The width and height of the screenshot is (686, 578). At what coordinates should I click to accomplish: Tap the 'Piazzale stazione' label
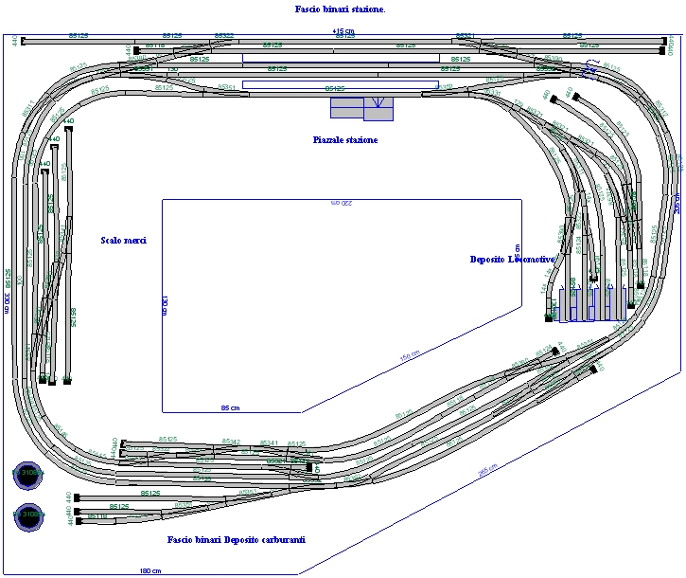345,140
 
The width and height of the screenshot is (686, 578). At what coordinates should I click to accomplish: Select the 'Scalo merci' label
124,241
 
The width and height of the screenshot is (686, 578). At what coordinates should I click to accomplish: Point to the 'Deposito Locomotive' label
510,259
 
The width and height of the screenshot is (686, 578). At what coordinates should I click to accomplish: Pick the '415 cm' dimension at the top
343,31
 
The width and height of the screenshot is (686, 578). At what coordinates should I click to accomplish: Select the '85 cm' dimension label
230,407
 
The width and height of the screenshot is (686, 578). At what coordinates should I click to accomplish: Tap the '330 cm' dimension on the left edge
7,295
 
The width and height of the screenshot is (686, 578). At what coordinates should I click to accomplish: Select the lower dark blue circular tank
29,516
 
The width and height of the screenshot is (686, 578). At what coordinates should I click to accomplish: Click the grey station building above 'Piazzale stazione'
361,109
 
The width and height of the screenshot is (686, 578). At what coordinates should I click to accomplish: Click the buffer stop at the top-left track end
23,41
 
